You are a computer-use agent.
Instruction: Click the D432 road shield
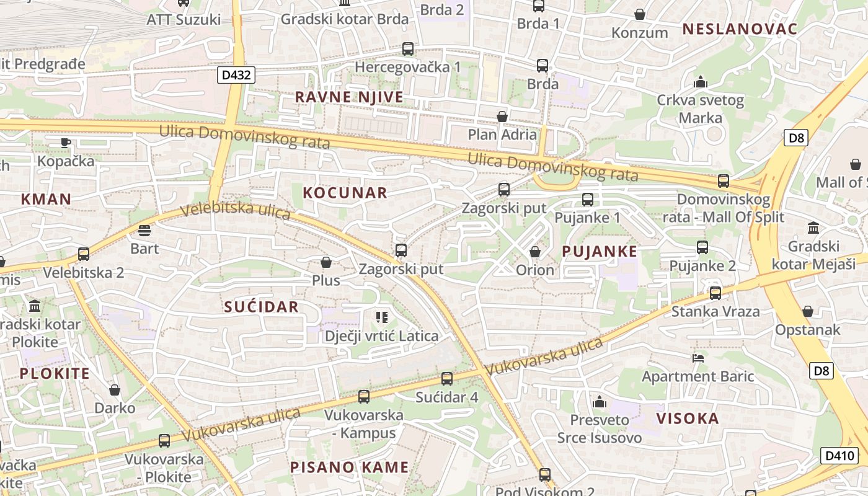(x=236, y=75)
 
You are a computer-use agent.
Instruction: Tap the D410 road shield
(x=840, y=456)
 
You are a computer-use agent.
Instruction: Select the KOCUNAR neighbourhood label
(x=345, y=193)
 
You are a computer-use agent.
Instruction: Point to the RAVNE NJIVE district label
(x=349, y=97)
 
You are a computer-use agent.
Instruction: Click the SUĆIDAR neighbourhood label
(x=261, y=307)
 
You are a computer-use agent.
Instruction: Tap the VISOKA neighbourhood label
(x=688, y=418)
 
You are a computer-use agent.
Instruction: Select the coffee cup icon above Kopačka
(x=66, y=143)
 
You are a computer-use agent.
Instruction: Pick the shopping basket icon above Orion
(x=534, y=252)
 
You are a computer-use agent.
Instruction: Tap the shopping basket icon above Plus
(x=325, y=263)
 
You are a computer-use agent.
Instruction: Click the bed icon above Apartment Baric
(x=697, y=358)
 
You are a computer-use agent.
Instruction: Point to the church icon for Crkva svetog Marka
(x=701, y=82)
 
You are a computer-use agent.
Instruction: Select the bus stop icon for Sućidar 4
(x=446, y=379)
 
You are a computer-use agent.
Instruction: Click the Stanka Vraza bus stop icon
(x=715, y=293)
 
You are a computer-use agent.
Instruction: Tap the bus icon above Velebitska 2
(x=83, y=254)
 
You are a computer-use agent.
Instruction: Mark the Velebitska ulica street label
(x=236, y=211)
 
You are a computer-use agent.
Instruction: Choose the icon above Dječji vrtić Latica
(x=382, y=318)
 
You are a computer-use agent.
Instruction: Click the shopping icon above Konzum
(x=639, y=14)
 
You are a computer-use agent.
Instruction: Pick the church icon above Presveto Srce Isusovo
(x=598, y=402)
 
